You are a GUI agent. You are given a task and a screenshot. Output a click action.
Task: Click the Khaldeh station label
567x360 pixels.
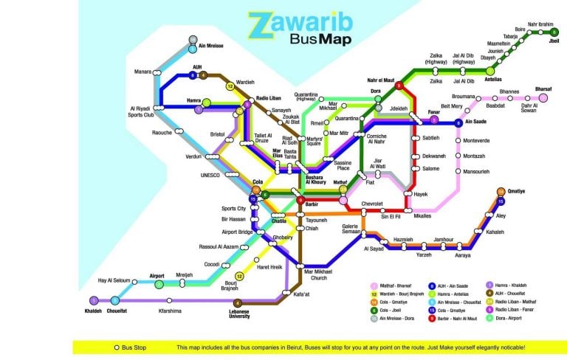pyautogui.click(x=94, y=308)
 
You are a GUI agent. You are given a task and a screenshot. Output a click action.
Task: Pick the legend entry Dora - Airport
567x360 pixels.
pyautogui.click(x=509, y=318)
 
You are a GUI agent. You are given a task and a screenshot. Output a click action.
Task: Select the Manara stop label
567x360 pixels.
pyautogui.click(x=142, y=72)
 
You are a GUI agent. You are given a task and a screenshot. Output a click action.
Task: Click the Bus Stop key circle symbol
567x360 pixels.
pyautogui.click(x=116, y=347)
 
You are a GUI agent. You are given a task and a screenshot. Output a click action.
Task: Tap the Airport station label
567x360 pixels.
pyautogui.click(x=157, y=275)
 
